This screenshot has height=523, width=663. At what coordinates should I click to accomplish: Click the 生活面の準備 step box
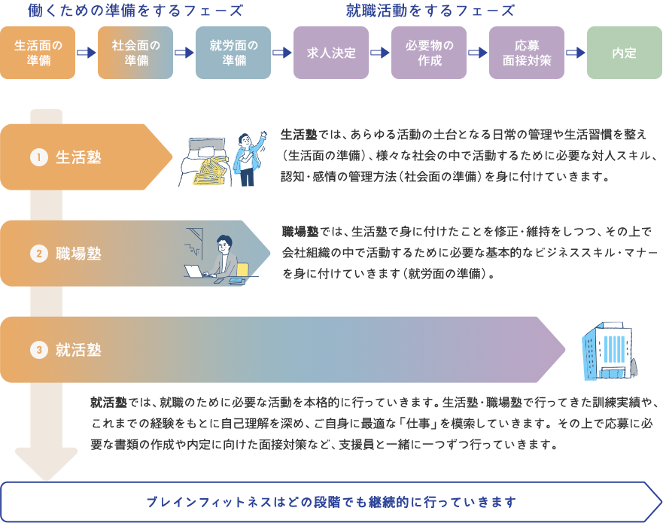38,53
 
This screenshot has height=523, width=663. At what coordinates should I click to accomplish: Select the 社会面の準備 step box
135,53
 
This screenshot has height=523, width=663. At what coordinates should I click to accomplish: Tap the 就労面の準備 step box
233,53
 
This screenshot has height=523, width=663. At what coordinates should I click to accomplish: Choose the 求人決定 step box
330,53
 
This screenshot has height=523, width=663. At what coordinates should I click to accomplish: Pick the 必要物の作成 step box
429,53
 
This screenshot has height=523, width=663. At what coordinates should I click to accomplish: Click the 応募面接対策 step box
527,53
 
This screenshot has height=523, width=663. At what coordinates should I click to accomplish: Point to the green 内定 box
625,53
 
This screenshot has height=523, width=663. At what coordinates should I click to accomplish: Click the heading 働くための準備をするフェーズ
135,11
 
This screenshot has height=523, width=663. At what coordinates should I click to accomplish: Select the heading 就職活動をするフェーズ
430,11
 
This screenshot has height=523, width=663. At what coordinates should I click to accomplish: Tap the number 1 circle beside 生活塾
39,157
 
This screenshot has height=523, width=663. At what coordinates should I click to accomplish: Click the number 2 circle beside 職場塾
39,254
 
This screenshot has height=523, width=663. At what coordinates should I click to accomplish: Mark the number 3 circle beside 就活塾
39,350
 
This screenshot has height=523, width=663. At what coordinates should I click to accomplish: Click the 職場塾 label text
78,254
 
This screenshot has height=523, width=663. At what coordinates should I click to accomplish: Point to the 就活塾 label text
78,350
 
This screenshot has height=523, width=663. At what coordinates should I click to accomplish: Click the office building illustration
608,351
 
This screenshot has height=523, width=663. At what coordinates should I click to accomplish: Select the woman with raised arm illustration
246,159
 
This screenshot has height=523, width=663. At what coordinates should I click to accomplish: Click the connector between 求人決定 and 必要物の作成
380,53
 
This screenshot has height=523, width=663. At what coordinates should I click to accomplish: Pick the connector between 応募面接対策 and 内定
576,53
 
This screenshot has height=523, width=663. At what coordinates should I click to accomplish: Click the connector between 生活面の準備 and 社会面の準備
87,53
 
